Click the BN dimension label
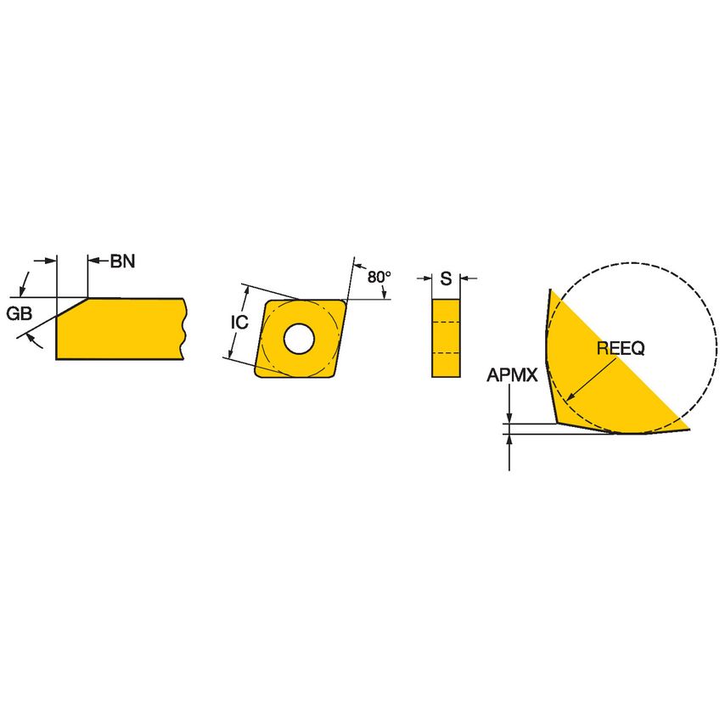[x=122, y=261]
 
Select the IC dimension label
[x=239, y=323]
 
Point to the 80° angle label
[x=379, y=277]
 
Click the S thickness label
[x=446, y=278]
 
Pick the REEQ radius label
[x=621, y=347]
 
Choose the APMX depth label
[x=512, y=374]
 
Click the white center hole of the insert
[x=298, y=339]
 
